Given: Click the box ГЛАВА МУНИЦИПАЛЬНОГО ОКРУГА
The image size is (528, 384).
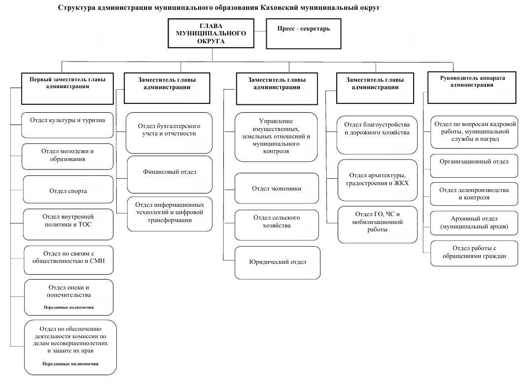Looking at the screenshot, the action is click(211, 33).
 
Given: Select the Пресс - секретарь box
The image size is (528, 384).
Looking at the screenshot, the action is click(303, 33).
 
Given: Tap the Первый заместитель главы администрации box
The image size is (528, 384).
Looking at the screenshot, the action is click(68, 89).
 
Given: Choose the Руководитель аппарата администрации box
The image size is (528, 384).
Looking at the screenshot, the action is click(471, 88).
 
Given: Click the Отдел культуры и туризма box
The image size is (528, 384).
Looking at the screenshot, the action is click(68, 125).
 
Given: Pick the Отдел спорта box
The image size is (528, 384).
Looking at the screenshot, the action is click(68, 190).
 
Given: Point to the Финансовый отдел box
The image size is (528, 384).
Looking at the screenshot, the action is click(170, 174).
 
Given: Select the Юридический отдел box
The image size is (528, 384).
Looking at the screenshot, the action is click(278, 263).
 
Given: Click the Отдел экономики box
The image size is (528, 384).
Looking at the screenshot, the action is click(277, 188).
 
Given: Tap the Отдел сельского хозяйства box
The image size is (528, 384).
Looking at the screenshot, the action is click(277, 225).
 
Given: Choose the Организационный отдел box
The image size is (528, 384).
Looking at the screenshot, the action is click(474, 166).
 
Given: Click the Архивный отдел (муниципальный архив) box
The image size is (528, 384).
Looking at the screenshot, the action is click(474, 223).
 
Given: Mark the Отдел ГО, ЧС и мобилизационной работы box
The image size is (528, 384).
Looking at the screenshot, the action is click(378, 224).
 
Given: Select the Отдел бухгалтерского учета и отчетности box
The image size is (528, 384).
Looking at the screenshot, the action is click(169, 133).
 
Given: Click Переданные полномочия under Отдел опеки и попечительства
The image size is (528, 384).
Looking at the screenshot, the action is click(69, 307).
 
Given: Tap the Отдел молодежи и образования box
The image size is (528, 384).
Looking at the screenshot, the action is click(68, 157).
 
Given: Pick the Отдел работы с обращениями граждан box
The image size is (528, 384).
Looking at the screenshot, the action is click(474, 254).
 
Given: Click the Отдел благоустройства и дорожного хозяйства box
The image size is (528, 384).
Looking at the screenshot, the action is click(377, 135).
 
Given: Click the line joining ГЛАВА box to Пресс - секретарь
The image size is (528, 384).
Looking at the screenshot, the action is click(260, 32).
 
